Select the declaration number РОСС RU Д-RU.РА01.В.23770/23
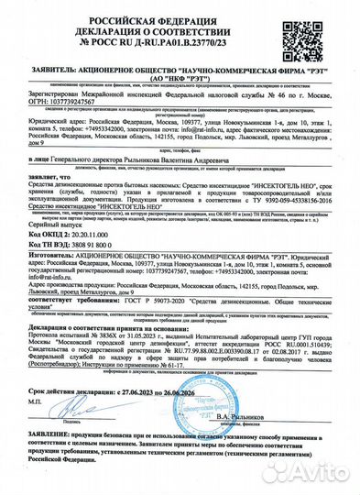coord(180,39)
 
